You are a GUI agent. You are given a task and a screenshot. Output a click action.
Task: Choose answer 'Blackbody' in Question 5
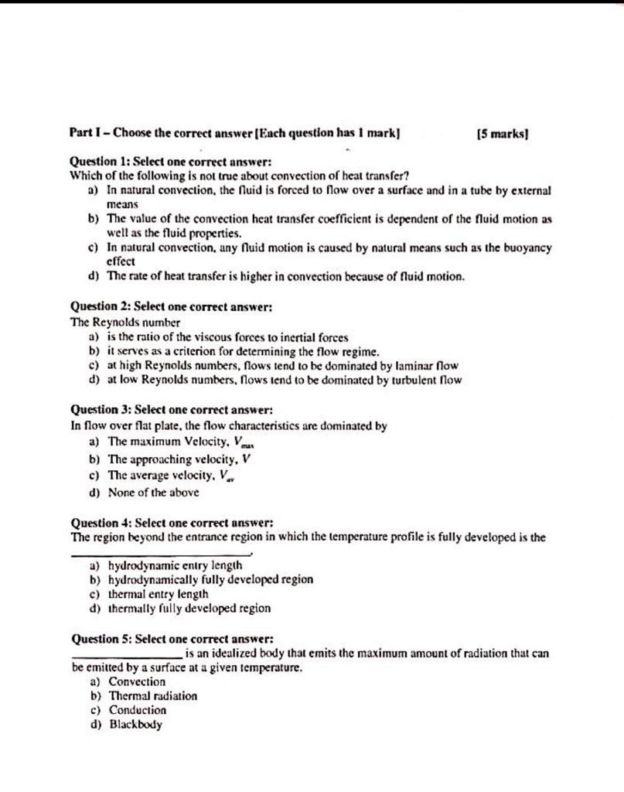pyautogui.click(x=135, y=725)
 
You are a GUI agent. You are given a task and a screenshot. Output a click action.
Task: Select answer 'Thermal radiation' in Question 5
pyautogui.click(x=152, y=695)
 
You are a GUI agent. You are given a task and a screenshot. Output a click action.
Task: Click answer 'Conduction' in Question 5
pyautogui.click(x=137, y=710)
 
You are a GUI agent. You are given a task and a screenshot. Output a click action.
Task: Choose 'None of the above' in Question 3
pyautogui.click(x=153, y=491)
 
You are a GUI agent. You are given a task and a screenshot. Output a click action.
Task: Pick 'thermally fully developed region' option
pyautogui.click(x=189, y=609)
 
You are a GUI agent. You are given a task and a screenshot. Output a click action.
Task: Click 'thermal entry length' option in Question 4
pyautogui.click(x=158, y=594)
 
